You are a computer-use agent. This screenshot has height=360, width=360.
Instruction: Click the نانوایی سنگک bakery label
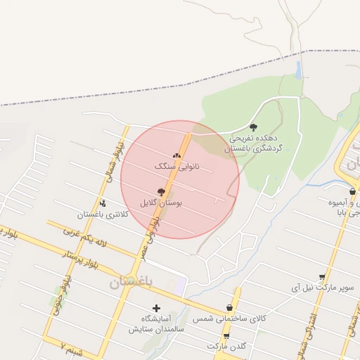176,167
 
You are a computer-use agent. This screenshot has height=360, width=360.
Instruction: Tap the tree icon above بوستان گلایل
161,191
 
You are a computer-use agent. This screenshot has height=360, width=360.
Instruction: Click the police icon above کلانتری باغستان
103,204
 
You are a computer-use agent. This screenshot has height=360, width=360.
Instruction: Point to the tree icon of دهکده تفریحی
253,127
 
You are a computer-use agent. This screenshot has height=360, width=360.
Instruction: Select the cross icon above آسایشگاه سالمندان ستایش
156,308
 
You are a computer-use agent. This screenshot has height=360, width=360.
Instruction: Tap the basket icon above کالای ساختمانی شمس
229,308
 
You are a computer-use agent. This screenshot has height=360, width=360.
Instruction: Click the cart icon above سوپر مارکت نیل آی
322,277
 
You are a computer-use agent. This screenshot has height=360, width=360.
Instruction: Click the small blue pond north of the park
299,69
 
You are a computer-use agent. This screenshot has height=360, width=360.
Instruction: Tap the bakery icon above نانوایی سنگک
176,156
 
